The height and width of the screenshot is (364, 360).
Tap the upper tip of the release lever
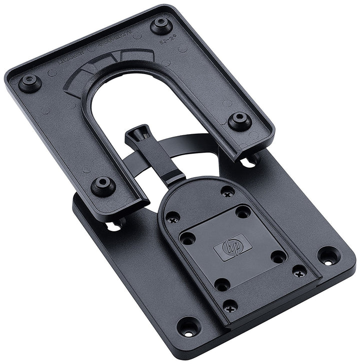137,134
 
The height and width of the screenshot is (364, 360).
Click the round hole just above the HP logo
242,212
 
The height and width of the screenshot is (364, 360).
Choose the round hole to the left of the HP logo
187,238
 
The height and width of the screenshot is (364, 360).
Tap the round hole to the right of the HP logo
278,257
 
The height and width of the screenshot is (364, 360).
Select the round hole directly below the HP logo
222,284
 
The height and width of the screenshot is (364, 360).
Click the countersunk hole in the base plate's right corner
328,255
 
